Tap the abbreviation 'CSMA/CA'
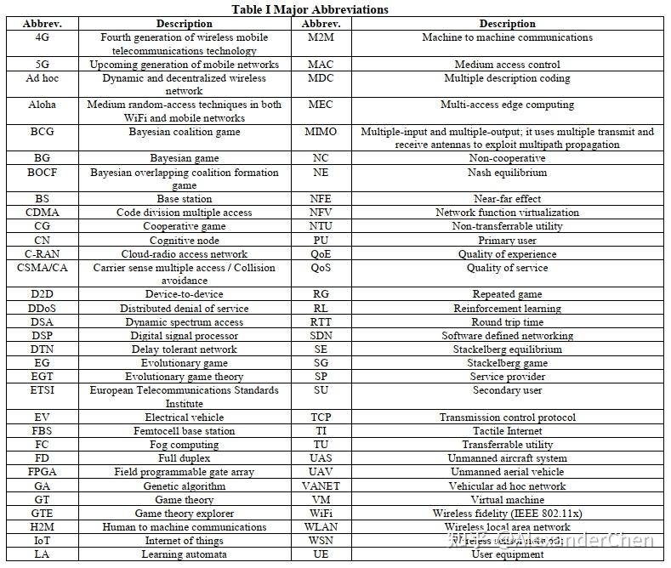click(43, 267)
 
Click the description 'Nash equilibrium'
click(507, 173)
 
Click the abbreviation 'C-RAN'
click(43, 253)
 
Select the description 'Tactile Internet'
click(507, 431)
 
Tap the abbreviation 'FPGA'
click(43, 472)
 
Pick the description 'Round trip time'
click(507, 322)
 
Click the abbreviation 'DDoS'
click(43, 309)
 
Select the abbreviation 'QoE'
click(321, 253)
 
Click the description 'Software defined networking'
click(507, 336)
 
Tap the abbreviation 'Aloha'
click(43, 105)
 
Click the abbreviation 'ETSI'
click(43, 390)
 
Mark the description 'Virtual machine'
click(507, 499)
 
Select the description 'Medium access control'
click(507, 65)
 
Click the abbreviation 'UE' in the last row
click(321, 554)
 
